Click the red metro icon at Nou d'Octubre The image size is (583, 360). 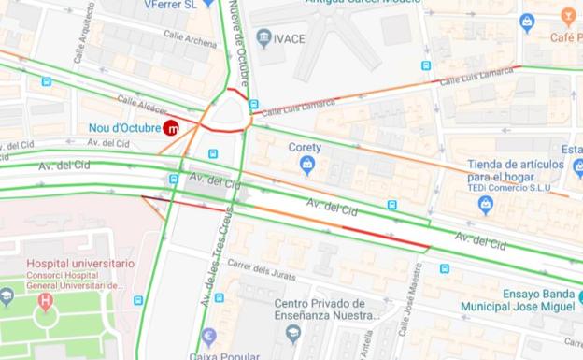point(172,128)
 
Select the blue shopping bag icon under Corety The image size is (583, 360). point(306,166)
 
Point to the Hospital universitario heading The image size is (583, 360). point(80,264)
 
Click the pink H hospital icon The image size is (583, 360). point(45,301)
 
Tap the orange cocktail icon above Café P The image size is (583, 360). point(568,16)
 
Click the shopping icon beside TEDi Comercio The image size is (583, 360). point(485,205)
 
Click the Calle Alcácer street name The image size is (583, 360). point(142,107)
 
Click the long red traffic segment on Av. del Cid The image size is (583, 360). point(385,236)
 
